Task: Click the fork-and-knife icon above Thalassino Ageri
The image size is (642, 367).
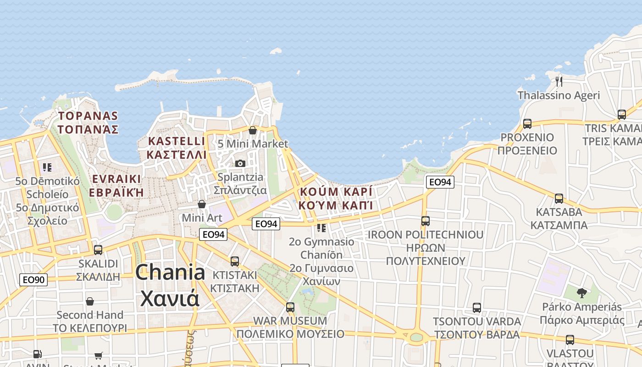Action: tap(559, 82)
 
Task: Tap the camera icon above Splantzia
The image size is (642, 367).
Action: tap(240, 163)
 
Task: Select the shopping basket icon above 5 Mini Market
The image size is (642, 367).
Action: tap(252, 130)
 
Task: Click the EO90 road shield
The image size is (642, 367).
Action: tap(33, 279)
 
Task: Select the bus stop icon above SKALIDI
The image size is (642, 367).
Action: tap(98, 250)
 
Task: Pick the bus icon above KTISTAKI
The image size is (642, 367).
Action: tap(235, 261)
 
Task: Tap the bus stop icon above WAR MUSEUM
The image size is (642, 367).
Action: tap(290, 307)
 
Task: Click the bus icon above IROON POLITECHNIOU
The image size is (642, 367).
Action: tap(426, 221)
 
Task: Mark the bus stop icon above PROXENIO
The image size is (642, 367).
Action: tap(527, 124)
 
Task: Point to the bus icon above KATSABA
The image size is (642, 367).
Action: tap(559, 199)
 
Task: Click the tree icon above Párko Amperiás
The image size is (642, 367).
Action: tap(582, 293)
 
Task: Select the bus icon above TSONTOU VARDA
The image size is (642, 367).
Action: tap(477, 308)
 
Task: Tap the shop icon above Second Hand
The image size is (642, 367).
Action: tap(90, 301)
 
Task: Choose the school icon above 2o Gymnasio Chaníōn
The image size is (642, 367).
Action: tap(321, 228)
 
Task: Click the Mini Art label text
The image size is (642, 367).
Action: tap(202, 217)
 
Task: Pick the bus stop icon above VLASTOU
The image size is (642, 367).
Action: tap(570, 340)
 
